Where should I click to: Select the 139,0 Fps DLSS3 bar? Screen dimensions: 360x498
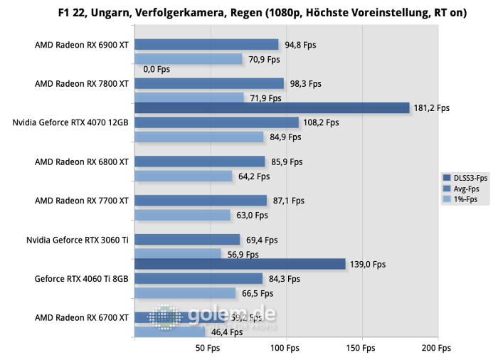pyautogui.click(x=240, y=264)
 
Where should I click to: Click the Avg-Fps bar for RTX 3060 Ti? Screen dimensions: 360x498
pyautogui.click(x=187, y=240)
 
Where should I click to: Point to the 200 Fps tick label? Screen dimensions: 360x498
pyautogui.click(x=436, y=348)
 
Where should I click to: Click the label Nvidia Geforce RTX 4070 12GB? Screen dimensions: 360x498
pyautogui.click(x=70, y=122)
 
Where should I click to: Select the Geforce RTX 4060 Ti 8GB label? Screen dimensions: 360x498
pyautogui.click(x=81, y=278)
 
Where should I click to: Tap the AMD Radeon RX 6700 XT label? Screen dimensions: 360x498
pyautogui.click(x=82, y=317)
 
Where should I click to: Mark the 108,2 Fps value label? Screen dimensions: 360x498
pyautogui.click(x=322, y=122)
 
